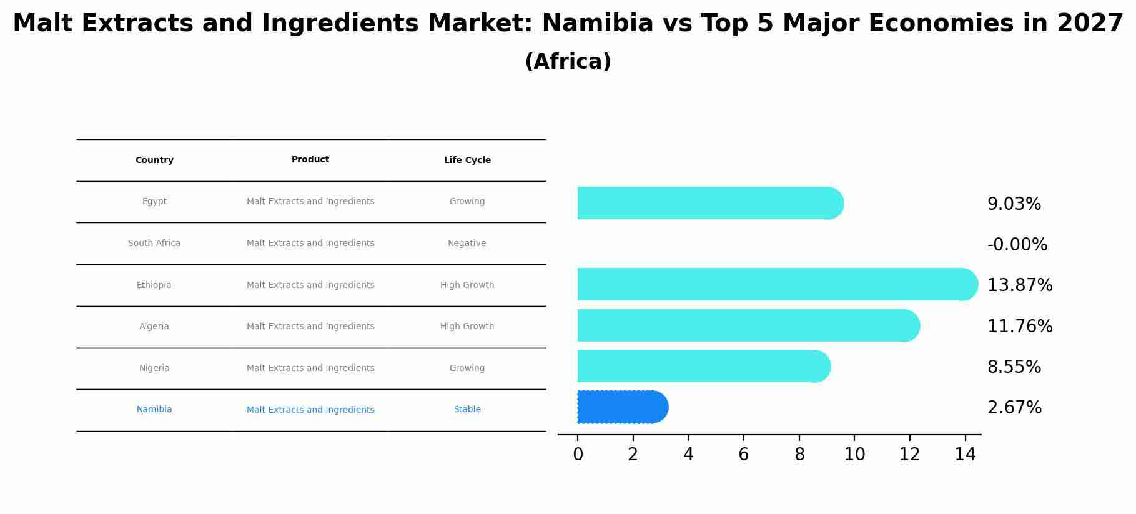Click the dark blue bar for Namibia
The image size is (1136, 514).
(x=621, y=407)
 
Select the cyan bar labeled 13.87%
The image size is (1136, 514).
(x=774, y=284)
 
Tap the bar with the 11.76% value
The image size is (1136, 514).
(x=746, y=325)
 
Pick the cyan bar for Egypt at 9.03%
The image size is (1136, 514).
(x=709, y=203)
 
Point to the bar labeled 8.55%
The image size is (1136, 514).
(x=703, y=366)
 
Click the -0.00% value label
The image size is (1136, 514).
(x=1017, y=244)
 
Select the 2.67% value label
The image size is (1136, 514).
(x=1014, y=408)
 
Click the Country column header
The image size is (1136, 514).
(x=154, y=160)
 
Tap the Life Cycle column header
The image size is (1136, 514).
(x=467, y=160)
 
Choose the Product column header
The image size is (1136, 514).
(x=310, y=159)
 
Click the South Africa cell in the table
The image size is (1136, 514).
(x=154, y=243)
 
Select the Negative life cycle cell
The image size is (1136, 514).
(x=467, y=243)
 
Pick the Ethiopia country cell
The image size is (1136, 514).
(x=154, y=285)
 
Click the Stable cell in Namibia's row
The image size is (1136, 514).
(x=467, y=409)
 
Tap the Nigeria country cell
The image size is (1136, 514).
(x=154, y=368)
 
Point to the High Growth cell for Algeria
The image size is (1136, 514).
(x=467, y=326)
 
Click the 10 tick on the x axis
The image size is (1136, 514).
(x=854, y=455)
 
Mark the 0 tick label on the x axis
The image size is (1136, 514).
(x=578, y=455)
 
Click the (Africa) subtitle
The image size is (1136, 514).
(x=568, y=62)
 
